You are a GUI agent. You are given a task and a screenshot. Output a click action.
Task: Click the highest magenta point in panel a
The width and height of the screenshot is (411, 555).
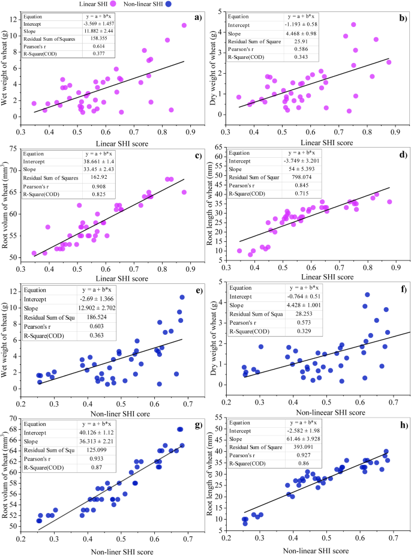[184, 25]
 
